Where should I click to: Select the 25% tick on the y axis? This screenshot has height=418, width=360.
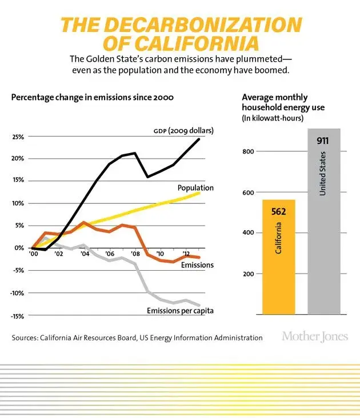click(19, 137)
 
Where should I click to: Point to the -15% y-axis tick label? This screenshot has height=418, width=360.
click(18, 316)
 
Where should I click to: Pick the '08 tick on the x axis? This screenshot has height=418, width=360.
click(135, 254)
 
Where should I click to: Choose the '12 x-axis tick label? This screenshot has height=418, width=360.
click(186, 254)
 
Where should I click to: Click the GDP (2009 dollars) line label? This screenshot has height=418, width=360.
click(183, 130)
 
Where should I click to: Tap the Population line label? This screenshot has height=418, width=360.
click(195, 187)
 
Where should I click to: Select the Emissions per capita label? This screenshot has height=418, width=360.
click(177, 311)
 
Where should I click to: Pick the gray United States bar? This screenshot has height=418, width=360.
click(324, 228)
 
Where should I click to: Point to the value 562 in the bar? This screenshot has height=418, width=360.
click(279, 212)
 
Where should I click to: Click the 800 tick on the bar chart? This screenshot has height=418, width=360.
click(248, 151)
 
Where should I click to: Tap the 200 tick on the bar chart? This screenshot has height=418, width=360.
click(248, 274)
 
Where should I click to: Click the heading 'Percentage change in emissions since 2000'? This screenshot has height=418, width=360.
click(93, 97)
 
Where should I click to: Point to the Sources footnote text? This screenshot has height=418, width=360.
click(137, 338)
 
